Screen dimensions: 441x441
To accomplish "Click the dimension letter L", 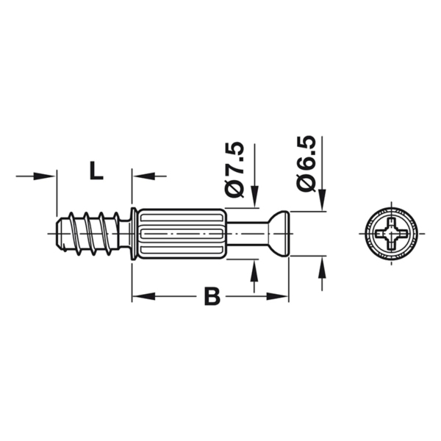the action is [96, 171].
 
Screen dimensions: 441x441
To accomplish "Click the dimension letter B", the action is [212, 296].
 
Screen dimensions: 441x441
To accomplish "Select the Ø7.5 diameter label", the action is [234, 171].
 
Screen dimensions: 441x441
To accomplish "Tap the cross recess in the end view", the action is [391, 234].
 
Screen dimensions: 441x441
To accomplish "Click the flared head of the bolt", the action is [279, 234].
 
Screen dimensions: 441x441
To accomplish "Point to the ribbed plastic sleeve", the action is [182, 234].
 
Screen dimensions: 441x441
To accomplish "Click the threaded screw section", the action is [90, 234].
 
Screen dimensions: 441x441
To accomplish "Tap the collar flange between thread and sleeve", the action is [133, 234].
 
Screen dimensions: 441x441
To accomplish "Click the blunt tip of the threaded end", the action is [59, 234].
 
